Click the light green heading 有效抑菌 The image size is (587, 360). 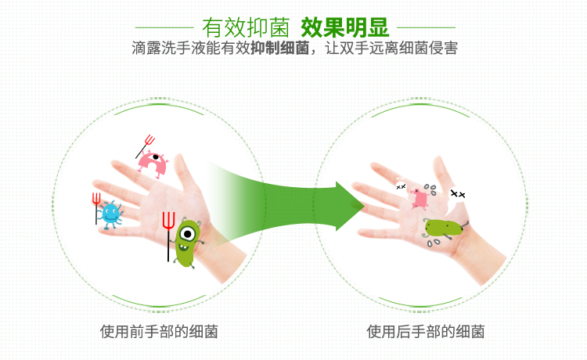(x=246, y=27)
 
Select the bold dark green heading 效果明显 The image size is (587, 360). (x=345, y=27)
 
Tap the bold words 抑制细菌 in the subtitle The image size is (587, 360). (x=279, y=48)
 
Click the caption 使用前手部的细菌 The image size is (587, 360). (x=159, y=332)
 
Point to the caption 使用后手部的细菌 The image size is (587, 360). (x=425, y=332)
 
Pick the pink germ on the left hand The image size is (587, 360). (x=152, y=164)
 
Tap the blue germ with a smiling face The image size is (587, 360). (x=110, y=214)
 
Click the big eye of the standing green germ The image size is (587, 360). (x=187, y=234)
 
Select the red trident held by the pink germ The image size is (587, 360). (x=146, y=146)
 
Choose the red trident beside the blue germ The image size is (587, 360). (x=96, y=208)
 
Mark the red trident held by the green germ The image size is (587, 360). (x=168, y=236)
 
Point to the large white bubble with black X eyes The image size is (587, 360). (x=457, y=194)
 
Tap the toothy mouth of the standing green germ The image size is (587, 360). (x=183, y=247)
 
